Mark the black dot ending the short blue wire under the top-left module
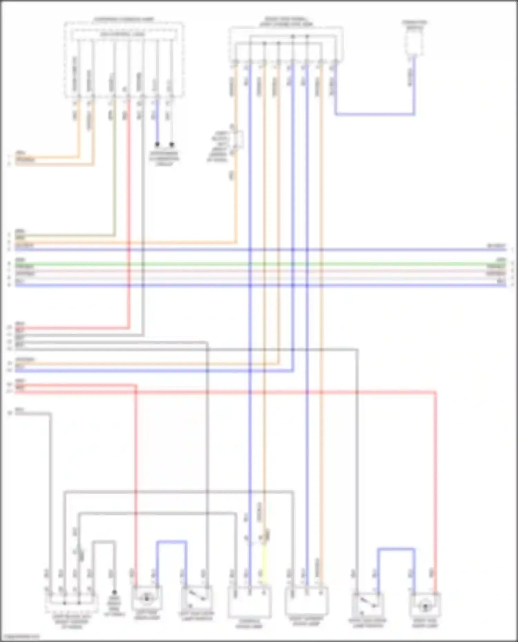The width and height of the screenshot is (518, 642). [157, 144]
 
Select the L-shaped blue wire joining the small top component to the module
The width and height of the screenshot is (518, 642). [375, 114]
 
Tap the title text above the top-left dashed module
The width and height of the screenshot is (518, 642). [124, 19]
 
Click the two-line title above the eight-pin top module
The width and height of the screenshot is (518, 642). [286, 22]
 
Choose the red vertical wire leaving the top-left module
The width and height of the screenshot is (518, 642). [129, 214]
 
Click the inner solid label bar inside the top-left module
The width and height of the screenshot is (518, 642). [124, 34]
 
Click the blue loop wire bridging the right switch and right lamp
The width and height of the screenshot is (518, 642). [396, 549]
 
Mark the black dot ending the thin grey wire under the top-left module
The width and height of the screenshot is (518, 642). [172, 144]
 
